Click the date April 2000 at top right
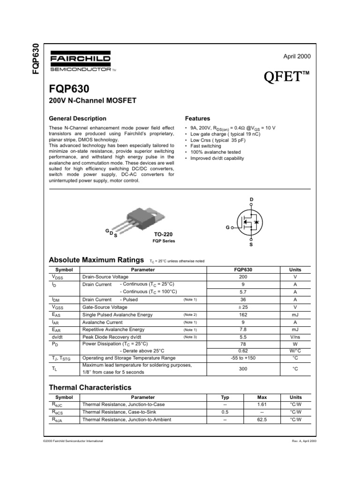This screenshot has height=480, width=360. click(x=297, y=56)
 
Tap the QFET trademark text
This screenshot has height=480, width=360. click(x=288, y=76)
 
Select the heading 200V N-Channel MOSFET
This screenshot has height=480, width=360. click(x=86, y=100)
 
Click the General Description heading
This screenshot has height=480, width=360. click(x=78, y=119)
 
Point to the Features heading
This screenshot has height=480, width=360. click(x=198, y=119)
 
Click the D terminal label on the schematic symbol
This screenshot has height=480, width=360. click(x=251, y=200)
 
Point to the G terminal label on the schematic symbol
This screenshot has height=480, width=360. click(x=227, y=227)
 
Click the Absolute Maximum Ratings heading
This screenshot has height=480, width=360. click(x=96, y=260)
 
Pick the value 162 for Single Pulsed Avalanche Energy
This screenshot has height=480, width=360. click(x=243, y=315)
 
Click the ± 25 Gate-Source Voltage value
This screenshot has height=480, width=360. click(x=243, y=307)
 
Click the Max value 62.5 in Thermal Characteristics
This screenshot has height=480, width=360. click(x=262, y=420)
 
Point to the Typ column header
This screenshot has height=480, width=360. click(x=225, y=397)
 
